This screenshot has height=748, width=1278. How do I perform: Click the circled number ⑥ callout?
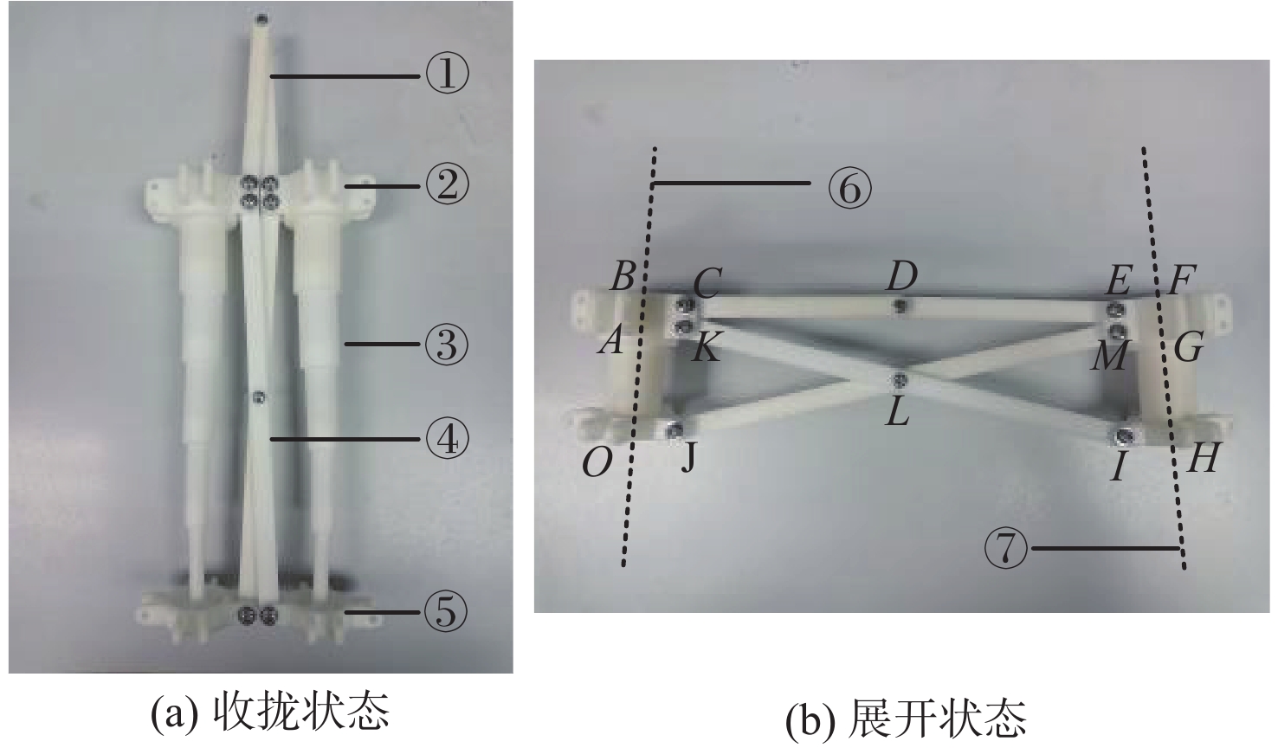[850, 189]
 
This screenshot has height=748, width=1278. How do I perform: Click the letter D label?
[902, 276]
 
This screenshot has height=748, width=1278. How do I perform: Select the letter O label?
[597, 462]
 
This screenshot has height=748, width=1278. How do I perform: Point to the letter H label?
[1202, 458]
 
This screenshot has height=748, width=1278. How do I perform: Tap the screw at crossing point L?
[900, 379]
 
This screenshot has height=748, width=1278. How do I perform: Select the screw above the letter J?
[675, 429]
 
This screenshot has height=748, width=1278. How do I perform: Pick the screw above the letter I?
[1124, 437]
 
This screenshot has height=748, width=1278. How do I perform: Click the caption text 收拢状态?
[301, 712]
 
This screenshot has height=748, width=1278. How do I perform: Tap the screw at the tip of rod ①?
[261, 19]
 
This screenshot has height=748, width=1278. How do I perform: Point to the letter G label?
[1189, 347]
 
